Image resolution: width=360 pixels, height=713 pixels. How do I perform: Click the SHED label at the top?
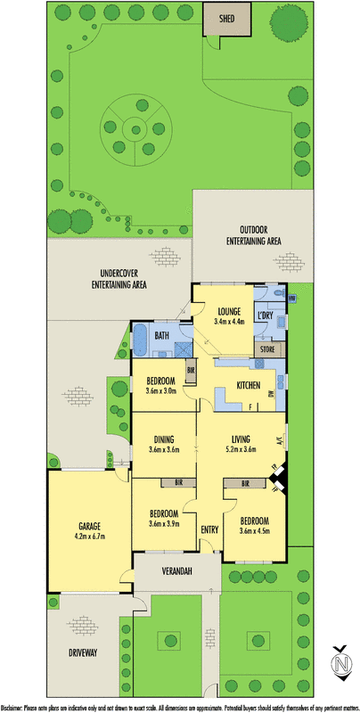217,15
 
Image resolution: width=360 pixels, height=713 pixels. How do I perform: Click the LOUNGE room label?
229,311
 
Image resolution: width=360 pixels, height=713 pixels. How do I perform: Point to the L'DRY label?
265,316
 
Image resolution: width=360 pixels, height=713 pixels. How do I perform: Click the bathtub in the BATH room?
140,338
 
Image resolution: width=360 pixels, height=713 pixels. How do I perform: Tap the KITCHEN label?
248,385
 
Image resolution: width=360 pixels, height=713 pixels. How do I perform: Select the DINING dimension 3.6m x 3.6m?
164,450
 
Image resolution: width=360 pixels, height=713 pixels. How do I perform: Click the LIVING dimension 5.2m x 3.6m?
238,450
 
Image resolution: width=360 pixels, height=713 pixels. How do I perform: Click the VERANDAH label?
178,570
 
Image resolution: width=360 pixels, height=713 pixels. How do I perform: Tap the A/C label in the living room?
279,439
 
